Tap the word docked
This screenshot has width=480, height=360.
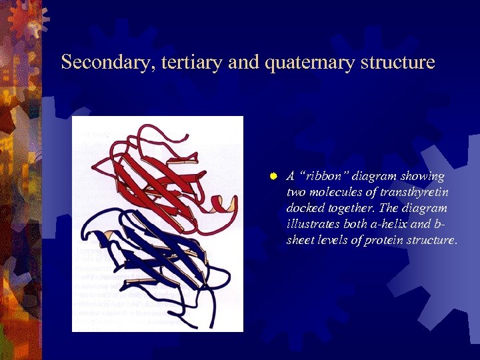click(x=303, y=208)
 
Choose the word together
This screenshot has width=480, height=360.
click(x=353, y=208)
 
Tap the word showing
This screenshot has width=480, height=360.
click(x=427, y=176)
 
